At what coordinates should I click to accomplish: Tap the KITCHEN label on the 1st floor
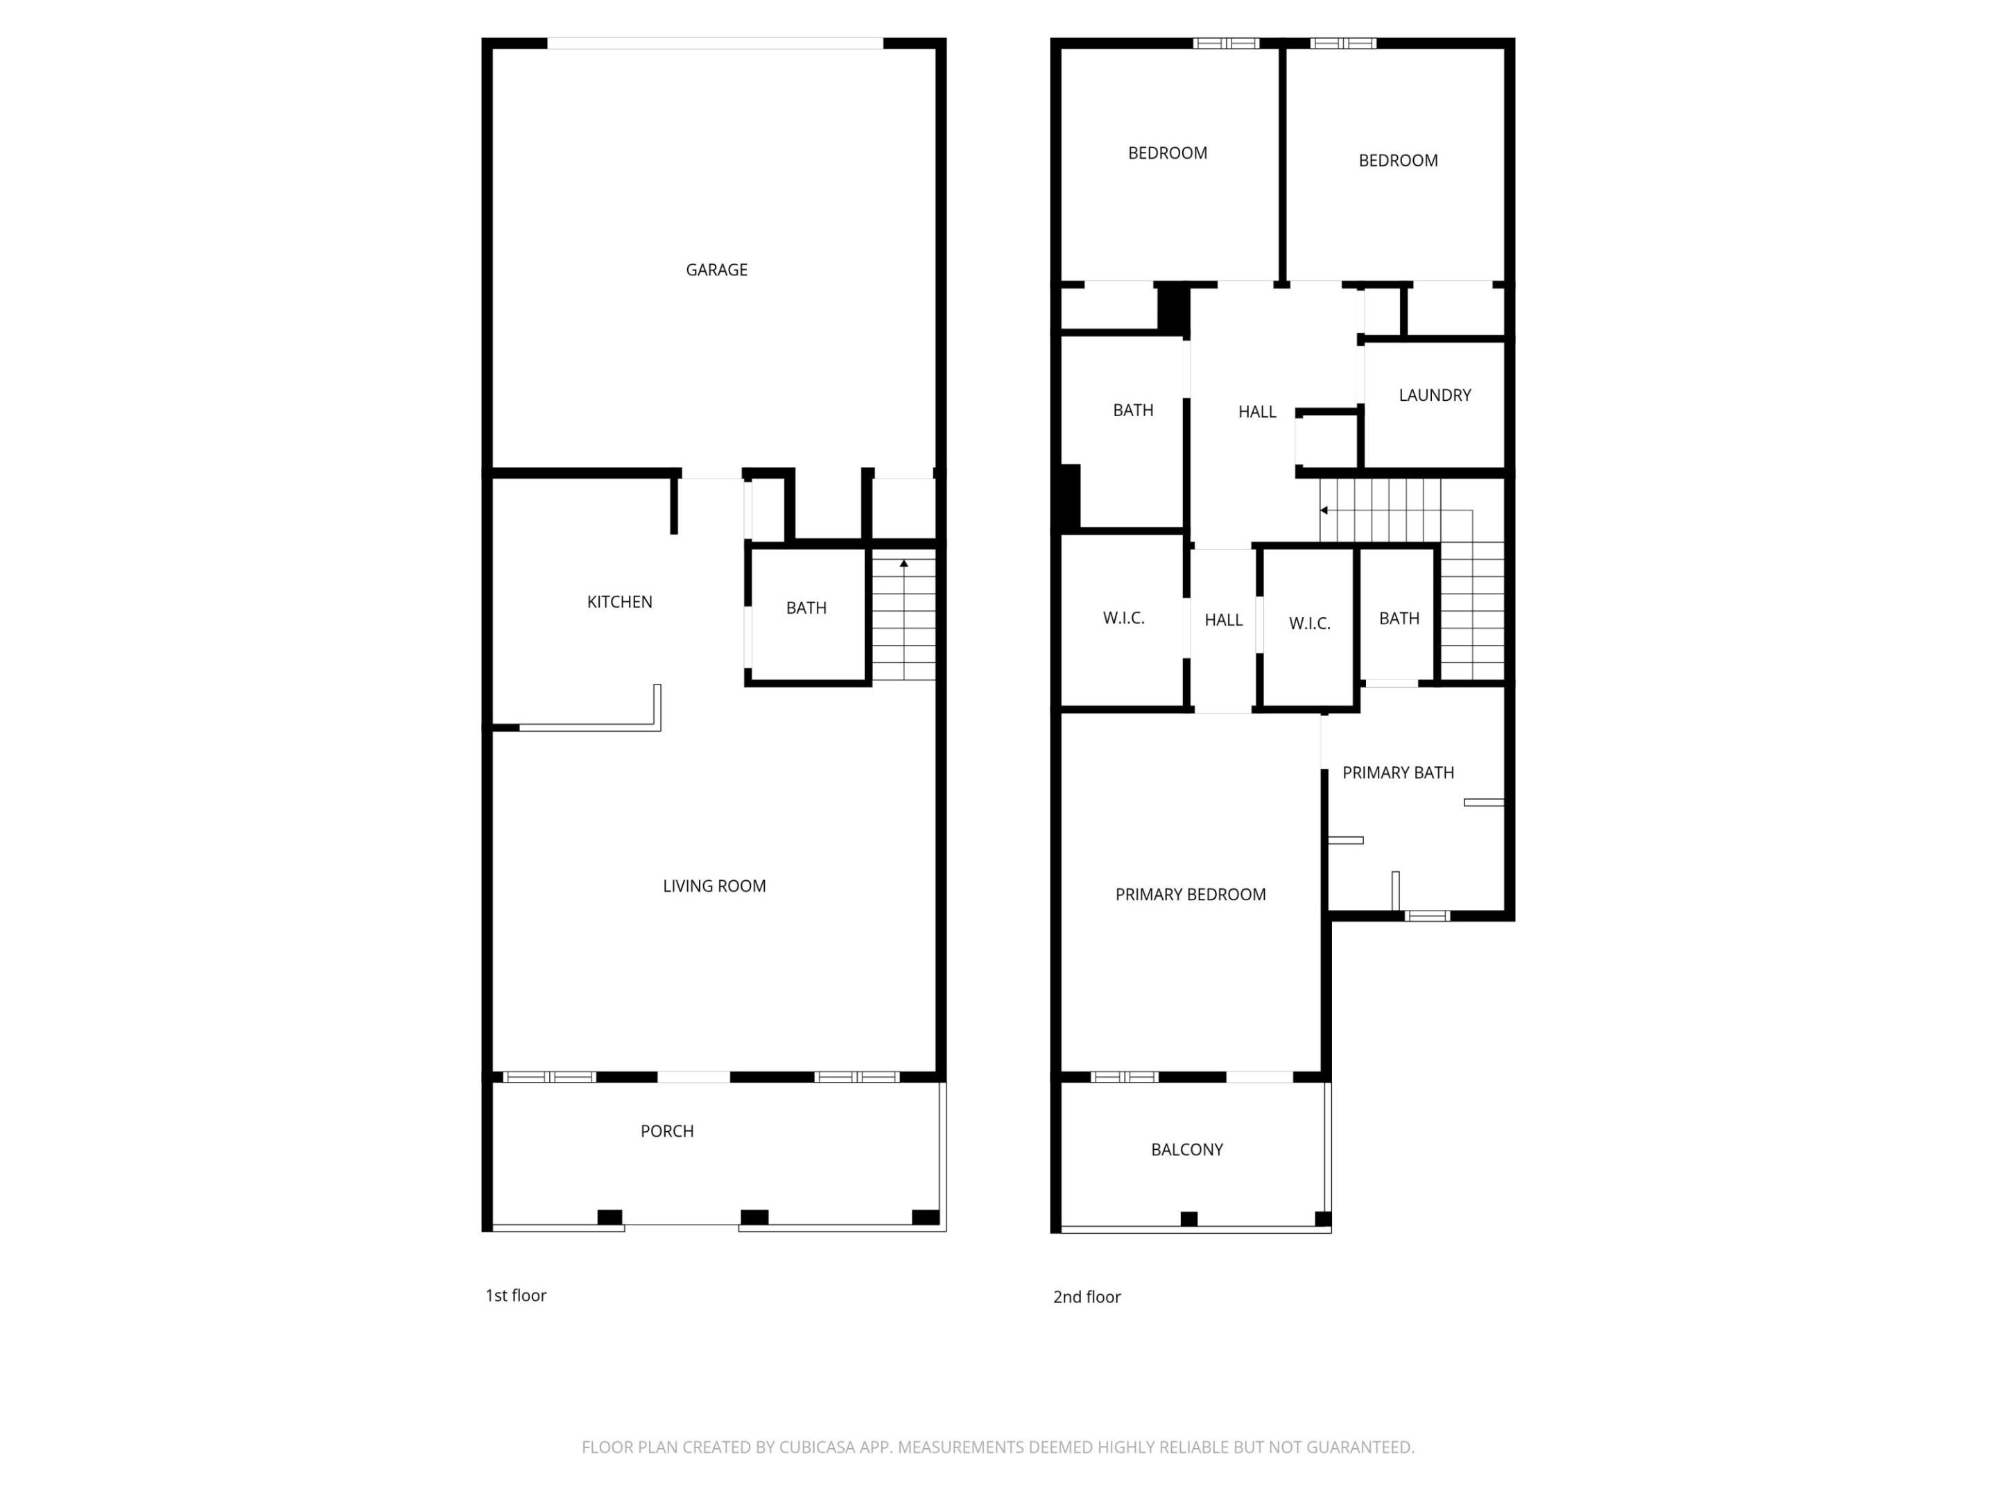(619, 602)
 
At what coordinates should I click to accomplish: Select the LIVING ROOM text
(714, 887)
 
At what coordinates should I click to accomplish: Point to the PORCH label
(667, 1131)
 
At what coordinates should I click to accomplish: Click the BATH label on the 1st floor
(806, 609)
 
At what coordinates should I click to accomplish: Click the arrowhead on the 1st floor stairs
(904, 563)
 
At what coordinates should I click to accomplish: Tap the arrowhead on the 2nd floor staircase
(1324, 511)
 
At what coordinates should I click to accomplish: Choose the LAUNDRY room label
(1435, 395)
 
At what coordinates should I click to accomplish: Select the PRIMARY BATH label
(1397, 773)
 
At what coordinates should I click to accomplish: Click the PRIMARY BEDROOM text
(1190, 895)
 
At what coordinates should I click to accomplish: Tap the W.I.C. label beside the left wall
(1123, 619)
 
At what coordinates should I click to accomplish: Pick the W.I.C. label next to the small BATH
(1309, 624)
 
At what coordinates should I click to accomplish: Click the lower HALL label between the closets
(1223, 620)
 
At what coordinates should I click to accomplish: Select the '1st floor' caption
(515, 1295)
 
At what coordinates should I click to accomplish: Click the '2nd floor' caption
(1086, 1298)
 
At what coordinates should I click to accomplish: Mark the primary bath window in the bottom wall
(1426, 917)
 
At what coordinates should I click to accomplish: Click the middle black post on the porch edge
(754, 1217)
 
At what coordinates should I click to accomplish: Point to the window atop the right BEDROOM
(1342, 43)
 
